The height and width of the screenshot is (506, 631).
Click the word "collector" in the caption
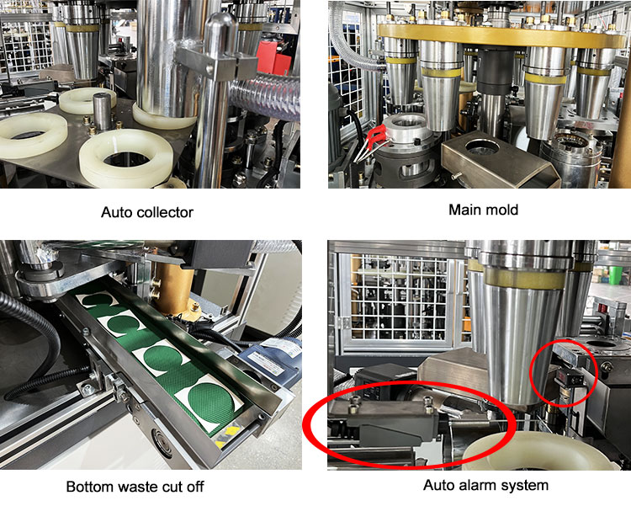163,212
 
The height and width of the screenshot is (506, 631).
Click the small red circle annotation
564,372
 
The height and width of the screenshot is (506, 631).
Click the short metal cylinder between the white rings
102,111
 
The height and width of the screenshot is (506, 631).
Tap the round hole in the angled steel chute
482,146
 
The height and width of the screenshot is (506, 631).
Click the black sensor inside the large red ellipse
396,423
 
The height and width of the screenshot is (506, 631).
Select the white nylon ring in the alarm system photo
535,451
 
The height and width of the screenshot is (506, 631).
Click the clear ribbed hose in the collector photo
266,98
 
